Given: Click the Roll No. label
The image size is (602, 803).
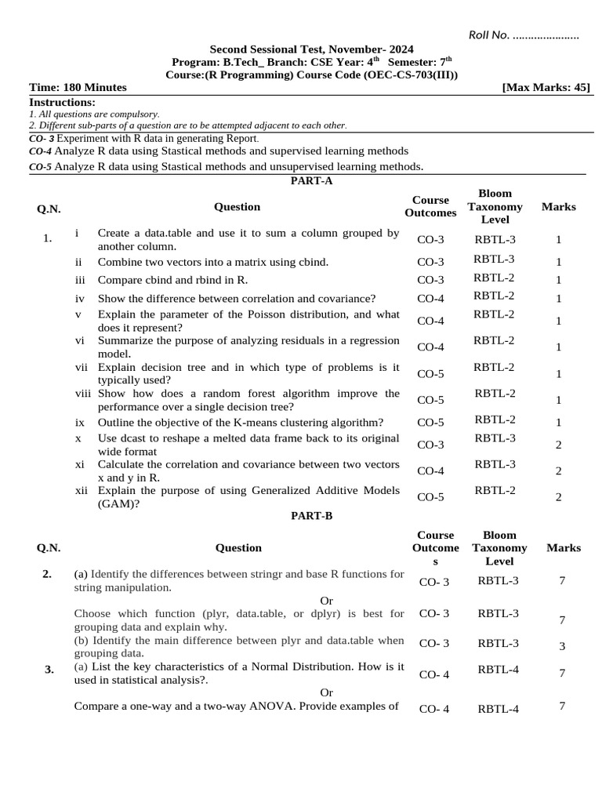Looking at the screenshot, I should (489, 35).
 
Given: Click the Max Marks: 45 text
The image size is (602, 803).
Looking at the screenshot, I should (546, 87).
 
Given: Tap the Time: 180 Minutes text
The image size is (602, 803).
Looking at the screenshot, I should (78, 87).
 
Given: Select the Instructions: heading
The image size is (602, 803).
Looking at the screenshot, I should (62, 102).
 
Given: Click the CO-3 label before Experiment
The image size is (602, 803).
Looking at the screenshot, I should (41, 138).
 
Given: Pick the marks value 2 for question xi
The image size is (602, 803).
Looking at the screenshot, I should (558, 471).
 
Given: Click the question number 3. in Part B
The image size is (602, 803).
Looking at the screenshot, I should (49, 669).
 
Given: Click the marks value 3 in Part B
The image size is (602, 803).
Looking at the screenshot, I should (562, 646).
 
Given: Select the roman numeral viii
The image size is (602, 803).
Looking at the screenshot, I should (84, 393).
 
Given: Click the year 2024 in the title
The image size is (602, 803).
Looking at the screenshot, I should (399, 49).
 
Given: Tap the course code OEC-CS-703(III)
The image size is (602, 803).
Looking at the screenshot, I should (408, 74).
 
